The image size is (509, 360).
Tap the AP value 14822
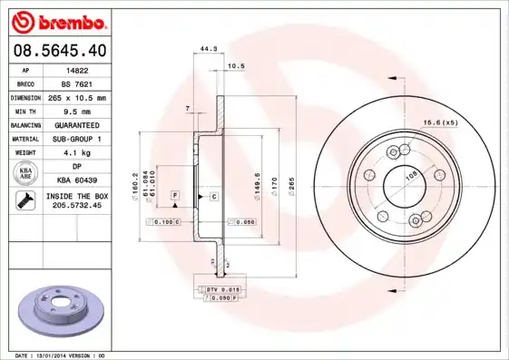pyautogui.click(x=77, y=69)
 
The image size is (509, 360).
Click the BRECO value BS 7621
pyautogui.click(x=77, y=83)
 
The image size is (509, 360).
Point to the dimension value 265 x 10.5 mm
pyautogui.click(x=77, y=97)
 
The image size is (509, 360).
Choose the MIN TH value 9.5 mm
pyautogui.click(x=77, y=111)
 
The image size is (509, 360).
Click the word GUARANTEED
pyautogui.click(x=77, y=124)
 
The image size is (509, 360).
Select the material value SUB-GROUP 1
pyautogui.click(x=77, y=138)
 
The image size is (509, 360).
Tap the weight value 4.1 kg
pyautogui.click(x=77, y=152)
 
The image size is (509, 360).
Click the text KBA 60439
pyautogui.click(x=77, y=181)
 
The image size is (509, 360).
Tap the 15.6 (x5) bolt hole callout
pyautogui.click(x=437, y=122)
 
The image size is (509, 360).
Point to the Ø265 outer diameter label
pyautogui.click(x=292, y=188)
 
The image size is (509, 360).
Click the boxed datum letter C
pyautogui.click(x=214, y=196)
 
